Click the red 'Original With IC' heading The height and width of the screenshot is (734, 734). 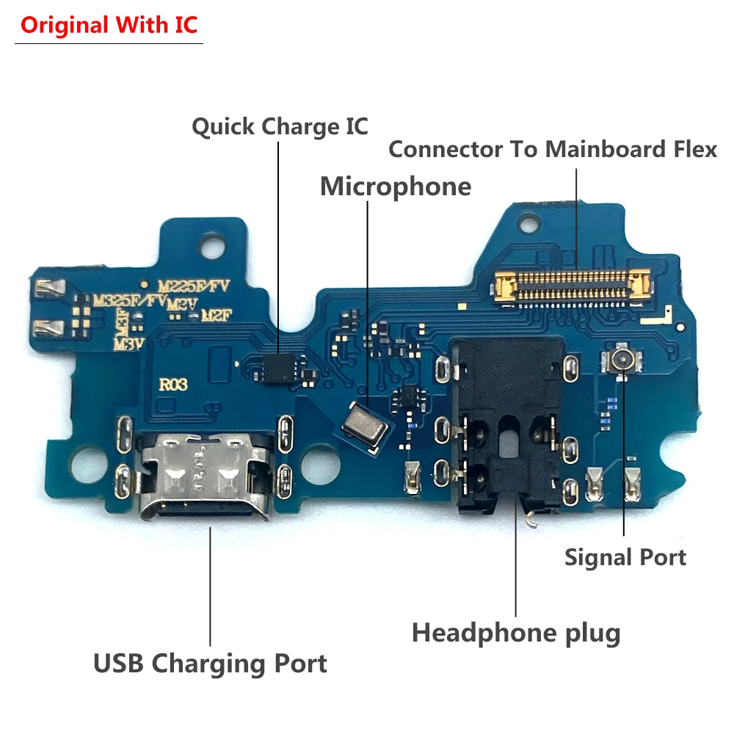coord(109,25)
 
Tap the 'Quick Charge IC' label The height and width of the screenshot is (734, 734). coord(280,126)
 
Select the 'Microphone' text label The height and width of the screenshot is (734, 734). coord(396,186)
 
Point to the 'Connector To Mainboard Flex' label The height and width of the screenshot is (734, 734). coord(552,149)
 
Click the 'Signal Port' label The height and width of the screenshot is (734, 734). coord(625,557)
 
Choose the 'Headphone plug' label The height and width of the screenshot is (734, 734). coord(516,632)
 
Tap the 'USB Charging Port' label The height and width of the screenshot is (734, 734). coord(210,664)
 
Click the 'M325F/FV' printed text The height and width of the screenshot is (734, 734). coord(129,300)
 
